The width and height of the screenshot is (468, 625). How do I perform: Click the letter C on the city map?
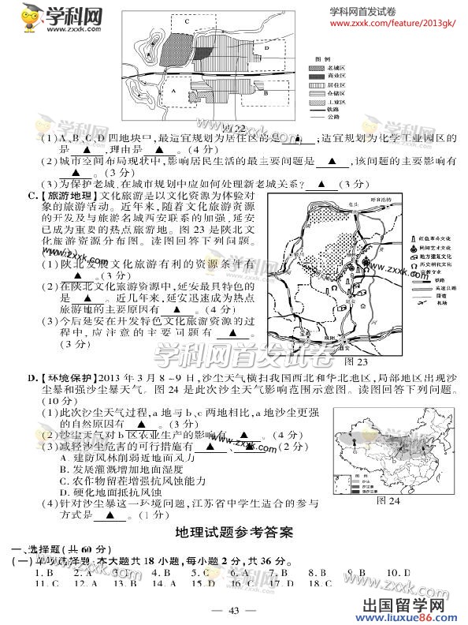pos(187,23)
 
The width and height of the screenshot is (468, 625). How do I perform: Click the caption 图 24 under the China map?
pos(388,500)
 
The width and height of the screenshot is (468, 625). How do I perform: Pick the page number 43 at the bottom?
pos(233,610)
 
